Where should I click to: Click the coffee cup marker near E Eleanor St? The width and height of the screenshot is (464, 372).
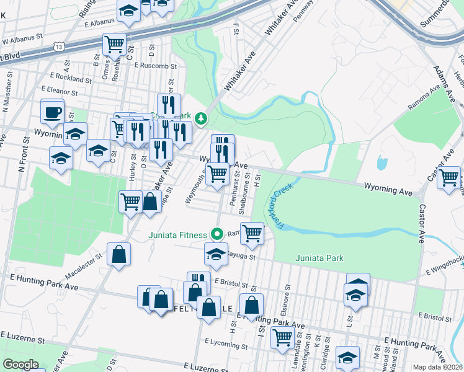tap(52, 112)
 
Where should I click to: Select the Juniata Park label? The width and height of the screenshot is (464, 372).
tap(319, 258)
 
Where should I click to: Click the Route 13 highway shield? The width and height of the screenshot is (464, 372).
tap(59, 46)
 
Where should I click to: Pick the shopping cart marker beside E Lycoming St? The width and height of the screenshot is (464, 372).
tap(282, 338)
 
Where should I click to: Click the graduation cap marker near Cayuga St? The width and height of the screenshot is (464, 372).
tap(216, 254)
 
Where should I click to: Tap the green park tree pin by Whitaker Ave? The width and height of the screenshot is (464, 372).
tap(200, 118)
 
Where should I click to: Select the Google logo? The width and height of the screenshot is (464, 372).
tap(20, 365)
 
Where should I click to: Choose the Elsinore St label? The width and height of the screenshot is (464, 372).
tap(285, 297)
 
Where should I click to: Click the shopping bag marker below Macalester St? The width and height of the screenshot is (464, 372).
tap(118, 254)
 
